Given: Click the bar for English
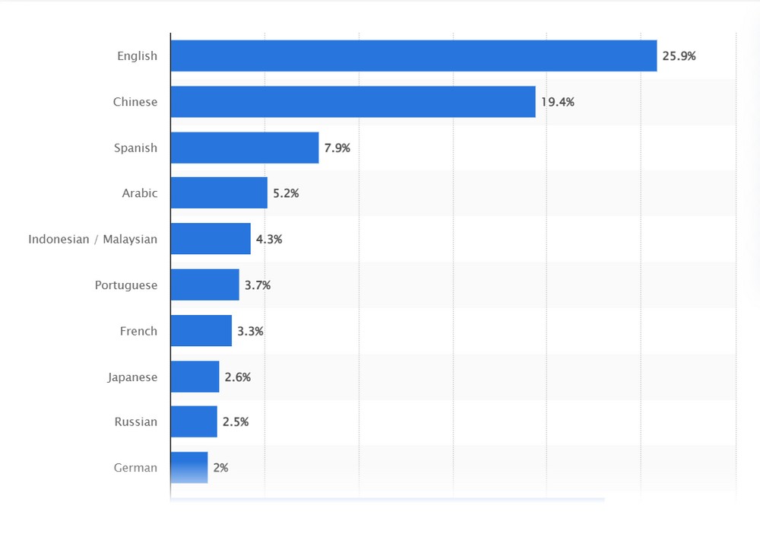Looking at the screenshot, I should click(413, 56).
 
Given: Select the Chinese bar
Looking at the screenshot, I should click(353, 102).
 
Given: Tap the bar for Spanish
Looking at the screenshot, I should click(245, 148).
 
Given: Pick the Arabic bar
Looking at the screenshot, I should click(219, 193).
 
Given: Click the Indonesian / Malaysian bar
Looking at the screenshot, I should click(211, 239).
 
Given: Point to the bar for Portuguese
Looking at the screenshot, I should click(204, 285).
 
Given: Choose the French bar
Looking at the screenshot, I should click(201, 331).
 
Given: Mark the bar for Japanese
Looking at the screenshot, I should click(195, 377).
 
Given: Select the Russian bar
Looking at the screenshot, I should click(194, 421).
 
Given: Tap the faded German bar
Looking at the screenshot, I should click(189, 467).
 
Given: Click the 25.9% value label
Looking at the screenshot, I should click(679, 56).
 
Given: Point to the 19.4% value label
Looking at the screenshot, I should click(557, 102).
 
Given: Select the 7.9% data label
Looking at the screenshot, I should click(337, 148).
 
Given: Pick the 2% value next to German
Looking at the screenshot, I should click(220, 468).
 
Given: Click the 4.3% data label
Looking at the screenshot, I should click(269, 239).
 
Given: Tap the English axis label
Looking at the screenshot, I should click(137, 56).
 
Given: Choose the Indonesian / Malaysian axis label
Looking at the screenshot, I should click(93, 239).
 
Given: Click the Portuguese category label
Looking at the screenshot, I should click(126, 285).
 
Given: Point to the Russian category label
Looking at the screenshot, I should click(136, 421).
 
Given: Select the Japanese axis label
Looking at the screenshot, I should click(132, 377).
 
